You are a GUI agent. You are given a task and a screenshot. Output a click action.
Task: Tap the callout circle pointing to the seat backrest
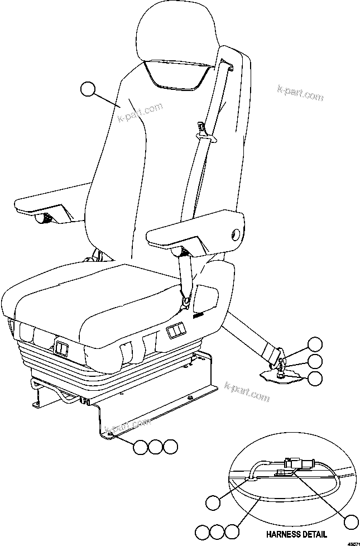pyautogui.click(x=88, y=89)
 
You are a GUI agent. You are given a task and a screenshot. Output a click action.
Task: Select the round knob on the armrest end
pyautogui.click(x=235, y=233)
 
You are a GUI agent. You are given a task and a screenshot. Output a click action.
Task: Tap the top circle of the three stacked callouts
pyautogui.click(x=316, y=344)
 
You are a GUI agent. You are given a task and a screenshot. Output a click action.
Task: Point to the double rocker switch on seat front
pyautogui.click(x=176, y=333)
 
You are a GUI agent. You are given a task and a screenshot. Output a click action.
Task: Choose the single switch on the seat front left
pyautogui.click(x=61, y=349)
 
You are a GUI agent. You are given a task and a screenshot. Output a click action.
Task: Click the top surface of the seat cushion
pyautogui.click(x=112, y=296)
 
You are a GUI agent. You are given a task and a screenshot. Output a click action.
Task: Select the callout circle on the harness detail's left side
pyautogui.click(x=213, y=502)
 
